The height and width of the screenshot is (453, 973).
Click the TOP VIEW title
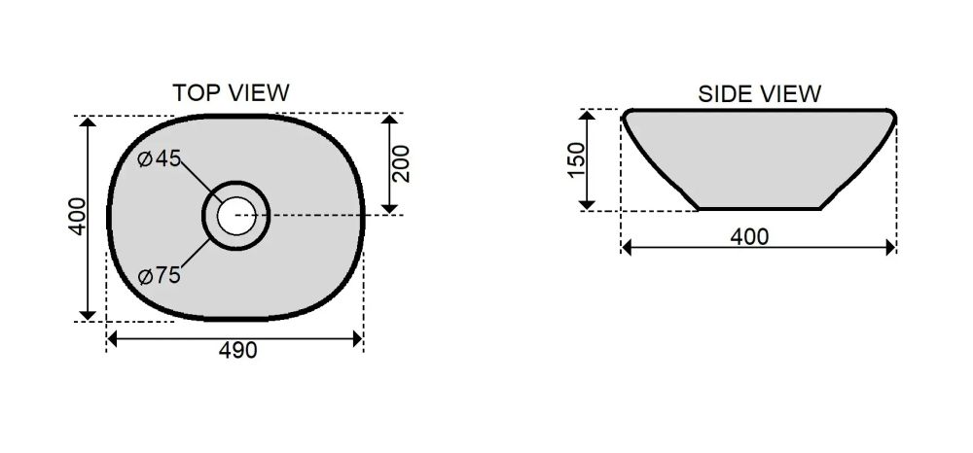pos(231,93)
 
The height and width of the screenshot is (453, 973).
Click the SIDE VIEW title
pos(759,94)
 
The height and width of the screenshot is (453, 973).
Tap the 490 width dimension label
pos(237,351)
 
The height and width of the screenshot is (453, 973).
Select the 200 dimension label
pos(402,163)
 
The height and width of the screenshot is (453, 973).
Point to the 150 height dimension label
pos(576,159)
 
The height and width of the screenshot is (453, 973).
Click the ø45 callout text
pos(160,158)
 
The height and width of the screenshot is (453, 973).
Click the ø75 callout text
pos(160,275)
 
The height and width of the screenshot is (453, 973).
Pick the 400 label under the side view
pos(749,237)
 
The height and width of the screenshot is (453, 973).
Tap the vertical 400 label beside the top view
pos(77,216)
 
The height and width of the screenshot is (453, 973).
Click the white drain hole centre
pos(236,216)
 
